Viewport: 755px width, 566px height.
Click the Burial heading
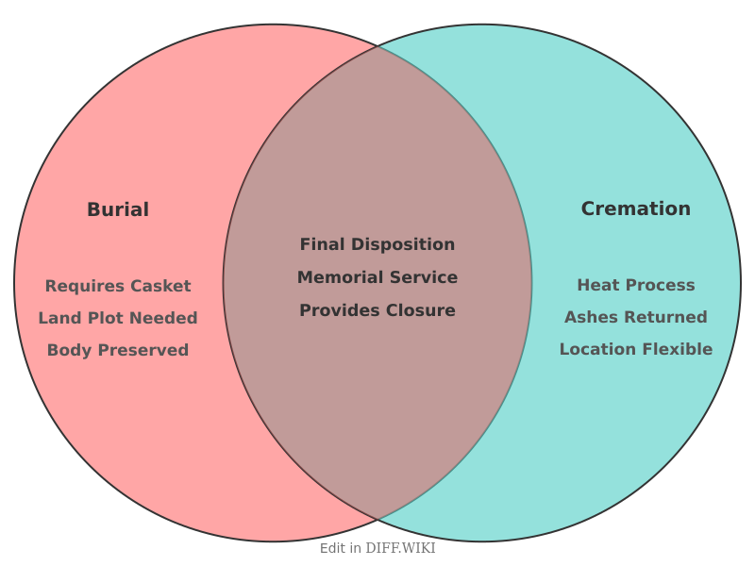[118, 209]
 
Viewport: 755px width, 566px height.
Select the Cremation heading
[635, 208]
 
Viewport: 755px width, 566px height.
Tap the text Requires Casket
[118, 286]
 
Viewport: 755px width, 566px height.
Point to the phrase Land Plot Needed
[118, 318]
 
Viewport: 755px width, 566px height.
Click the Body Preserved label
[118, 350]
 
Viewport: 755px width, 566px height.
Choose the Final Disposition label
[377, 244]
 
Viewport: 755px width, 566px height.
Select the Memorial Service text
[377, 277]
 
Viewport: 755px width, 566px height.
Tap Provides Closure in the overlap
[377, 310]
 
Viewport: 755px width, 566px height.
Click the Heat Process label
[635, 285]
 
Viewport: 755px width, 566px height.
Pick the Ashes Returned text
[635, 317]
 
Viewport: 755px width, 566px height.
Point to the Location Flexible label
[635, 349]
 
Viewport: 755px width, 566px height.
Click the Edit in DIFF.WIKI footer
[377, 548]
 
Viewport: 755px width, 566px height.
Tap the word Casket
[160, 286]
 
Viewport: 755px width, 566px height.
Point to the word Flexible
[675, 349]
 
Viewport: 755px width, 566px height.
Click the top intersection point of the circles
[377, 45]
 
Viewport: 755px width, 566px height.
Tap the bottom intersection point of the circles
[377, 520]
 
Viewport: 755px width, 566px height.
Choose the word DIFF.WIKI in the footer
[400, 548]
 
